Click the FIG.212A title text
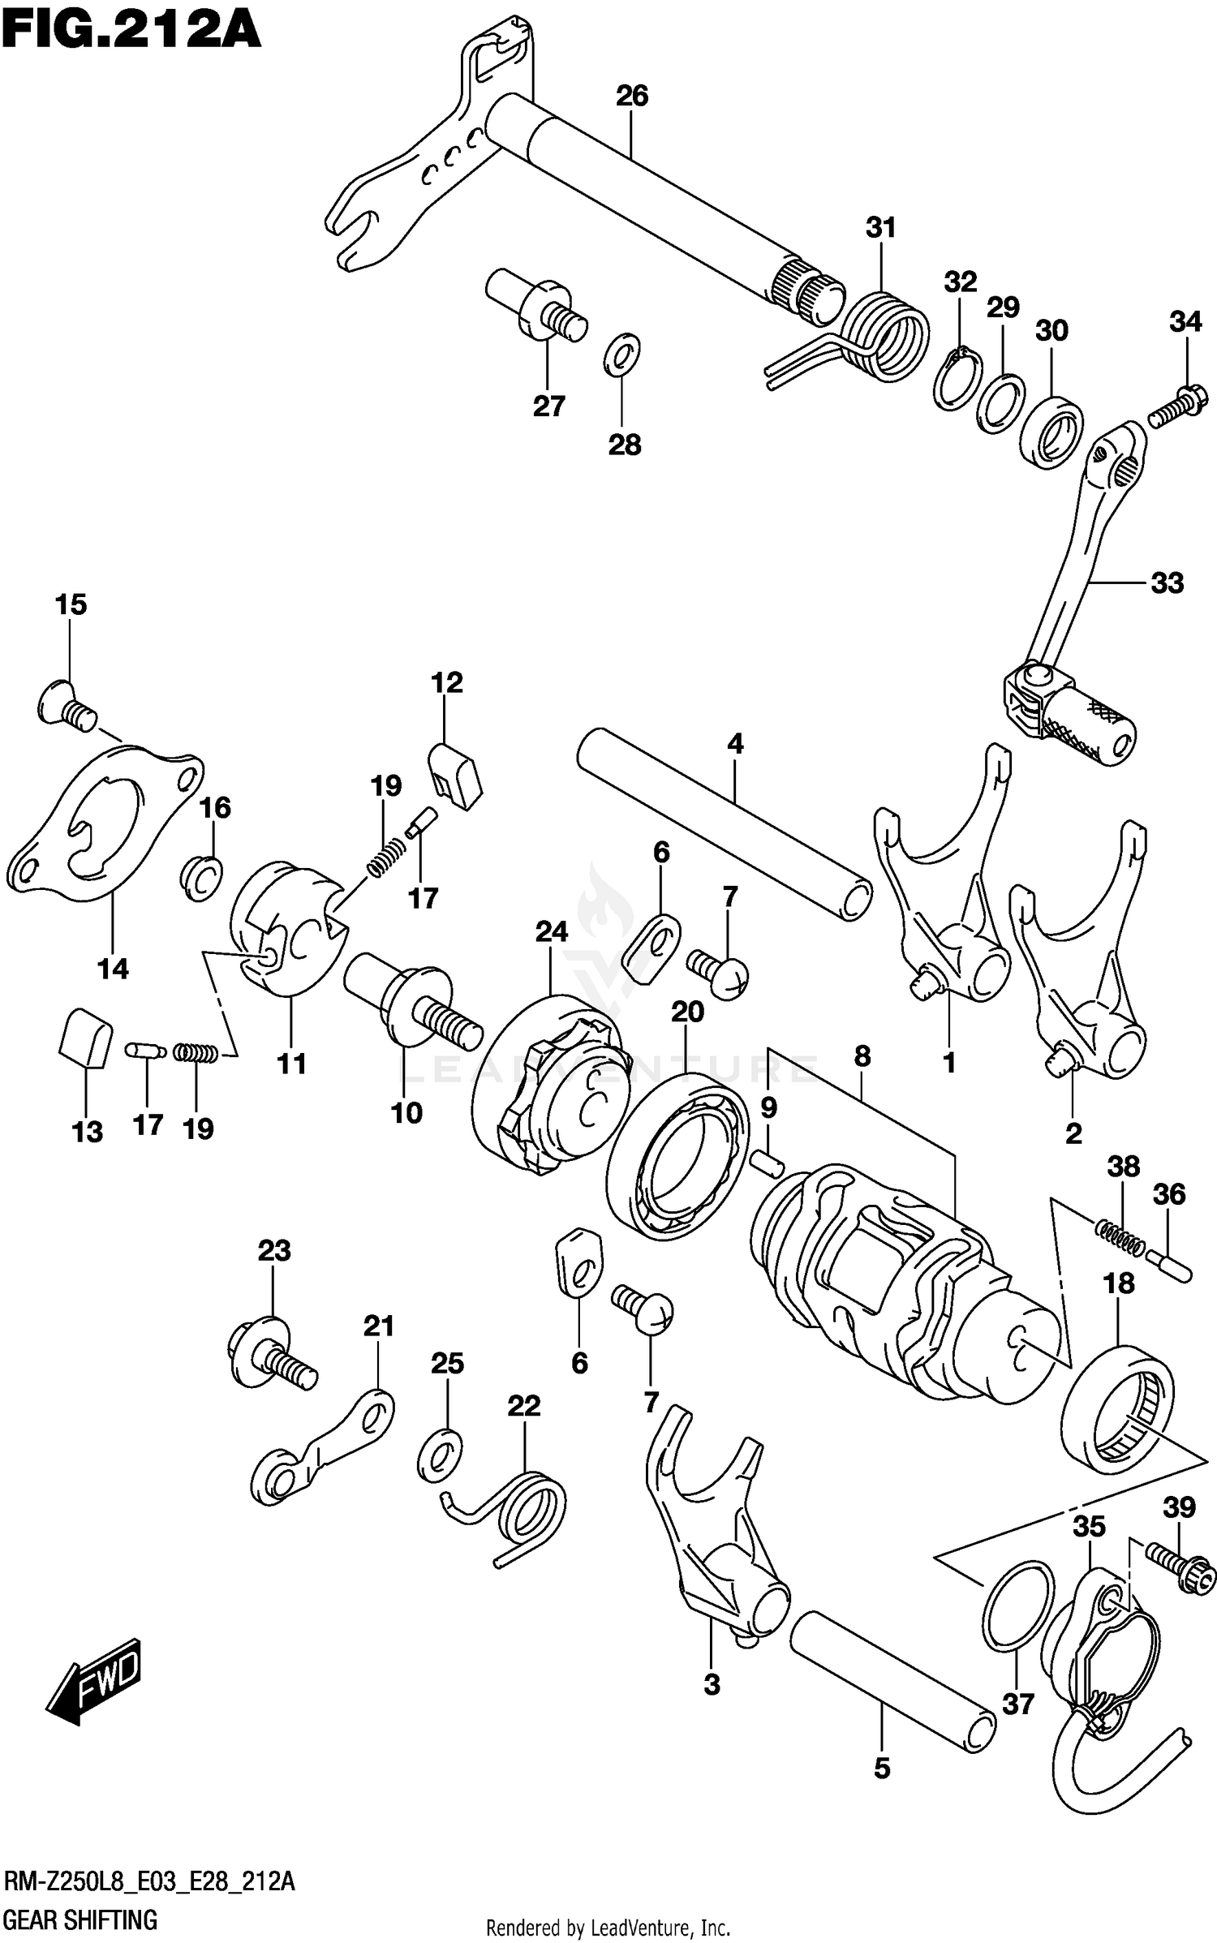pyautogui.click(x=130, y=32)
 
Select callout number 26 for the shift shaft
pyautogui.click(x=632, y=96)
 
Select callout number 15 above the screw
pyautogui.click(x=71, y=604)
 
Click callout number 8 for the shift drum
pyautogui.click(x=862, y=1055)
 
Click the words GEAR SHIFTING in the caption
pyautogui.click(x=80, y=1914)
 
